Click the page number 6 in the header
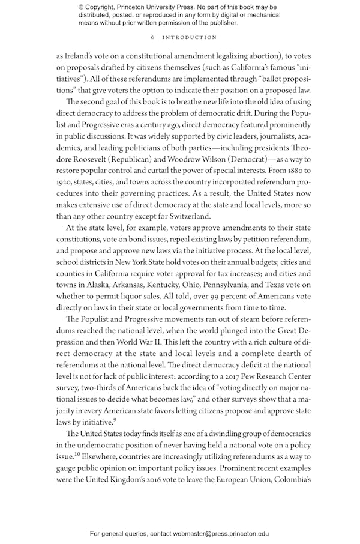154,37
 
